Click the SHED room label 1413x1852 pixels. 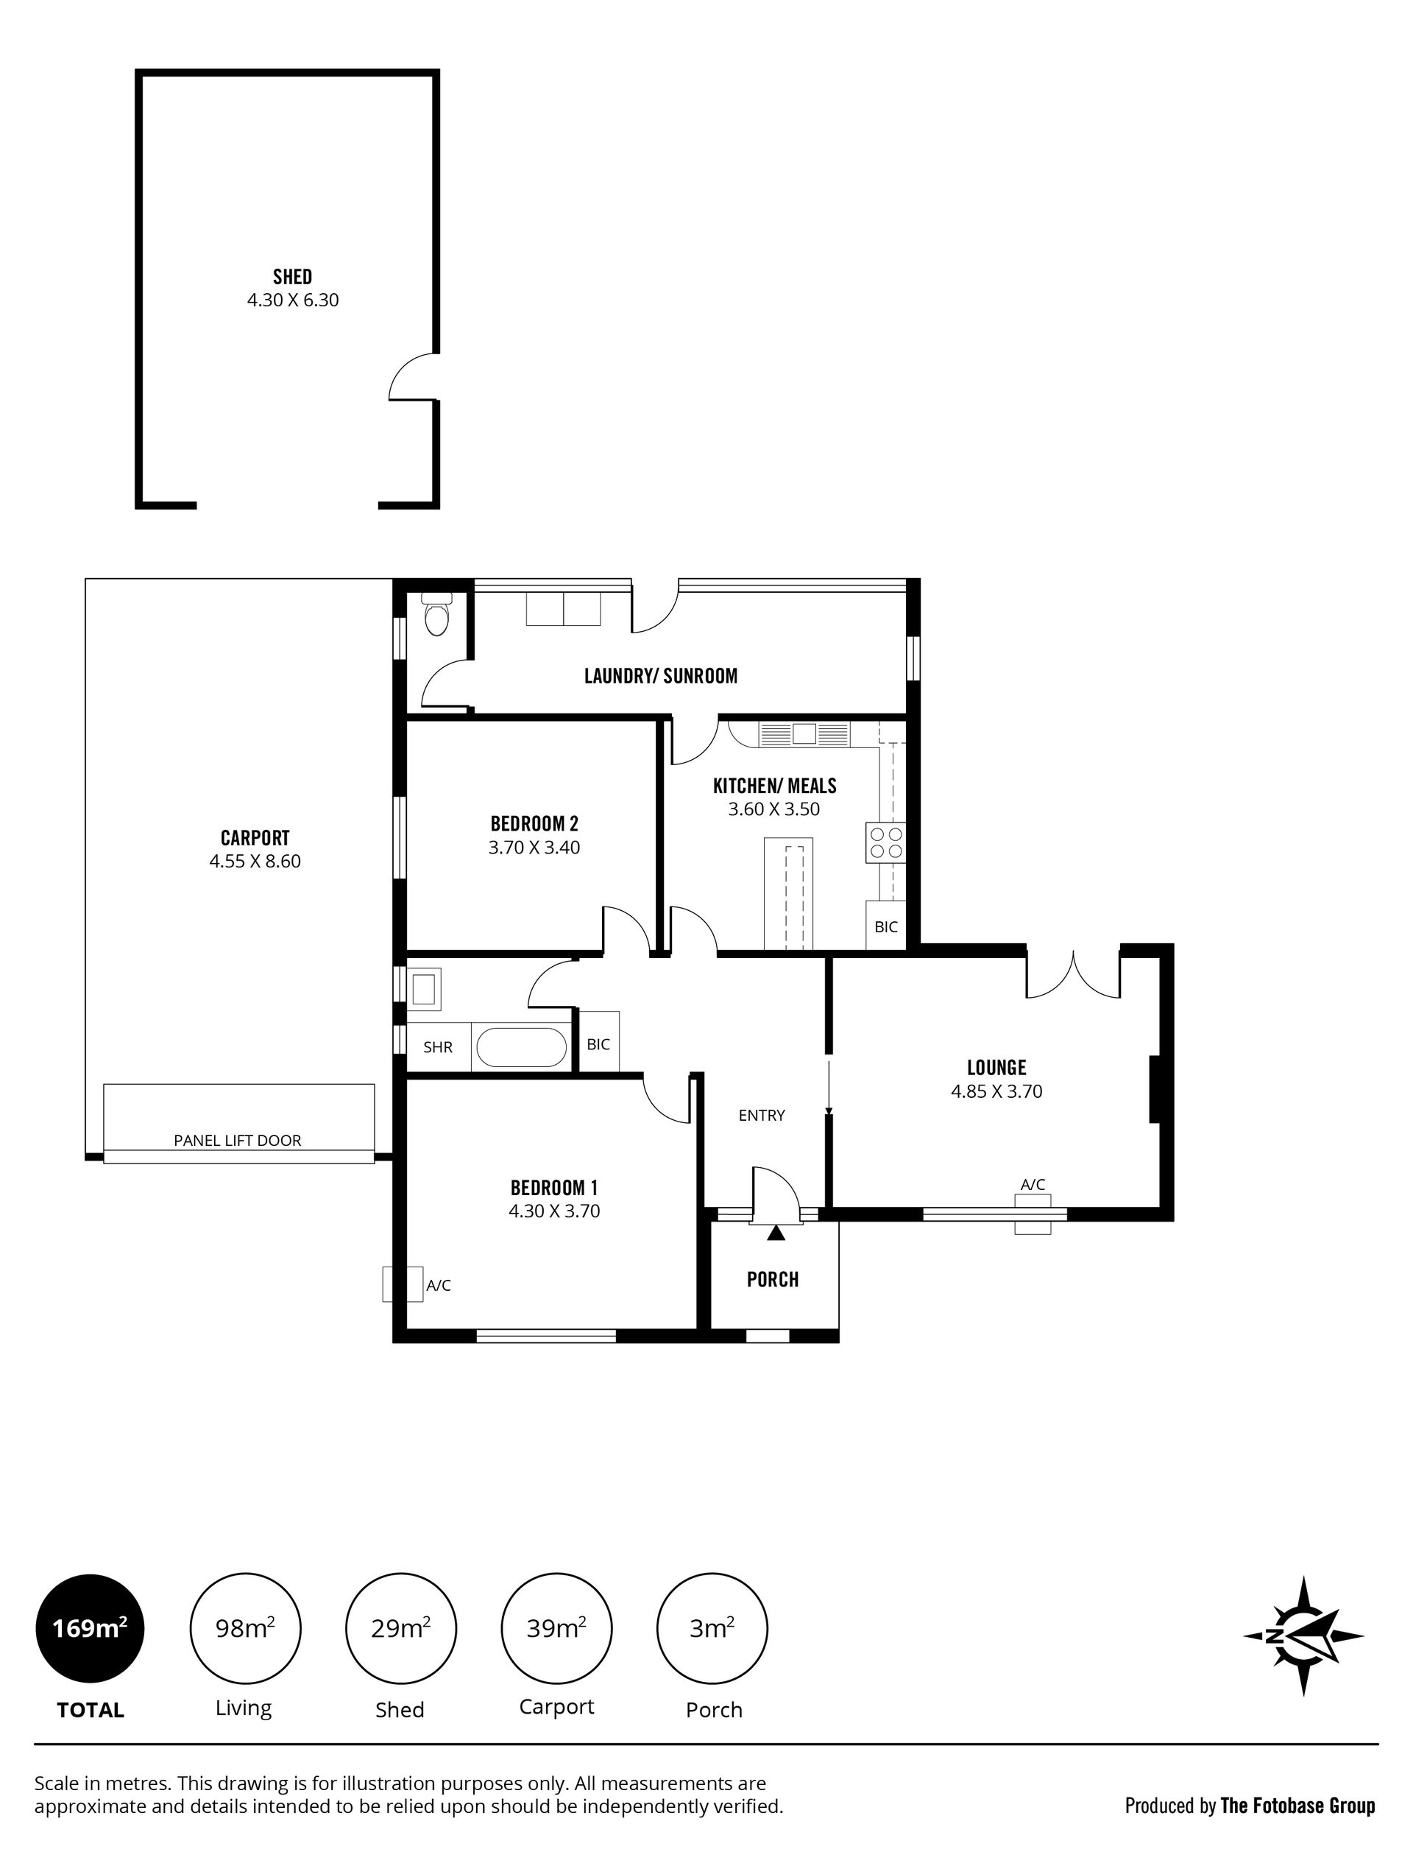pyautogui.click(x=293, y=277)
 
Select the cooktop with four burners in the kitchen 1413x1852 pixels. pyautogui.click(x=885, y=842)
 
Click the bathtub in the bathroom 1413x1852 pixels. pyautogui.click(x=522, y=1049)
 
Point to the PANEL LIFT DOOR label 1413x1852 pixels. pyautogui.click(x=237, y=1140)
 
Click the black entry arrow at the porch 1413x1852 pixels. pyautogui.click(x=776, y=1233)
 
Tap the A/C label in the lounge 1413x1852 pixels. pyautogui.click(x=1033, y=1185)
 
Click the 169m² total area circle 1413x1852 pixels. pyautogui.click(x=90, y=1629)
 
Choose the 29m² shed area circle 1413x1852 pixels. pyautogui.click(x=400, y=1629)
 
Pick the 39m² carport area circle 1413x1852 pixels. pyautogui.click(x=556, y=1629)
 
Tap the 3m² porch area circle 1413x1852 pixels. pyautogui.click(x=712, y=1629)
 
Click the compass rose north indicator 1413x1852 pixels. pyautogui.click(x=1303, y=1636)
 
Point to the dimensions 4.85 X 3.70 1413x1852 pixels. pyautogui.click(x=996, y=1091)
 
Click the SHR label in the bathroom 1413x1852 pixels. pyautogui.click(x=438, y=1048)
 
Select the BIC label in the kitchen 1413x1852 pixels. pyautogui.click(x=885, y=926)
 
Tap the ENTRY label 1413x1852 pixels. pyautogui.click(x=762, y=1115)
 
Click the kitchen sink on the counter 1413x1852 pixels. pyautogui.click(x=804, y=733)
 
